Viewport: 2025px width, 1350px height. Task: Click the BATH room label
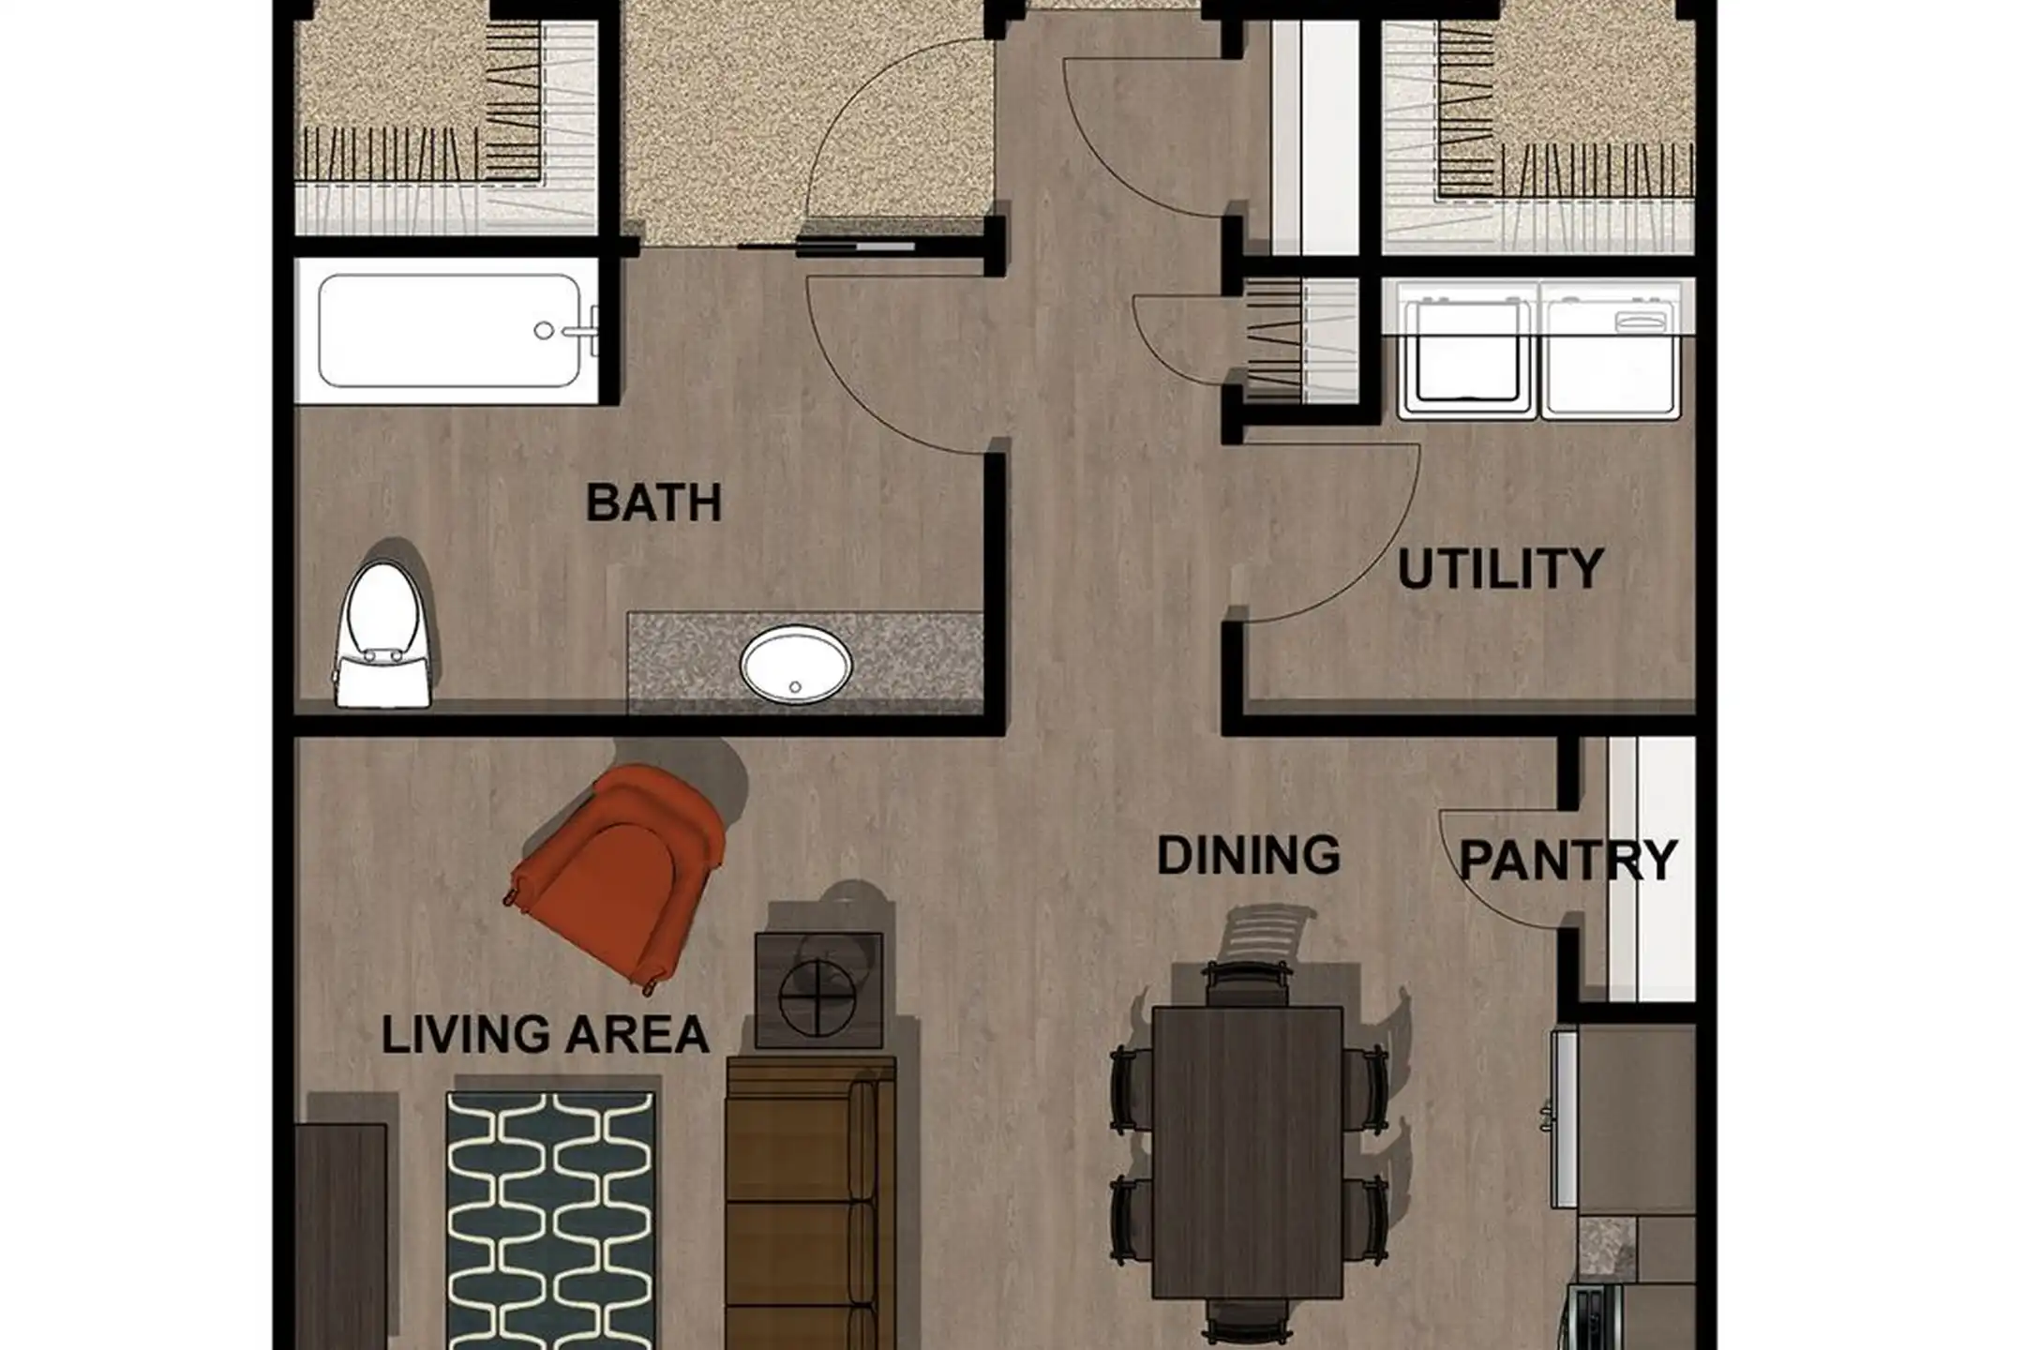point(653,502)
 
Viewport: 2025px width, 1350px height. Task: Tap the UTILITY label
point(1500,569)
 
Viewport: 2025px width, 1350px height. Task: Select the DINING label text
point(1248,855)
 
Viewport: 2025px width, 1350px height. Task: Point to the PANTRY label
point(1567,860)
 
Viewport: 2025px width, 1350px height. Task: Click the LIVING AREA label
point(545,1034)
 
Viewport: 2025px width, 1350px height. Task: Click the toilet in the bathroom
point(382,634)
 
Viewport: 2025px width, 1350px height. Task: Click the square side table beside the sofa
point(818,990)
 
